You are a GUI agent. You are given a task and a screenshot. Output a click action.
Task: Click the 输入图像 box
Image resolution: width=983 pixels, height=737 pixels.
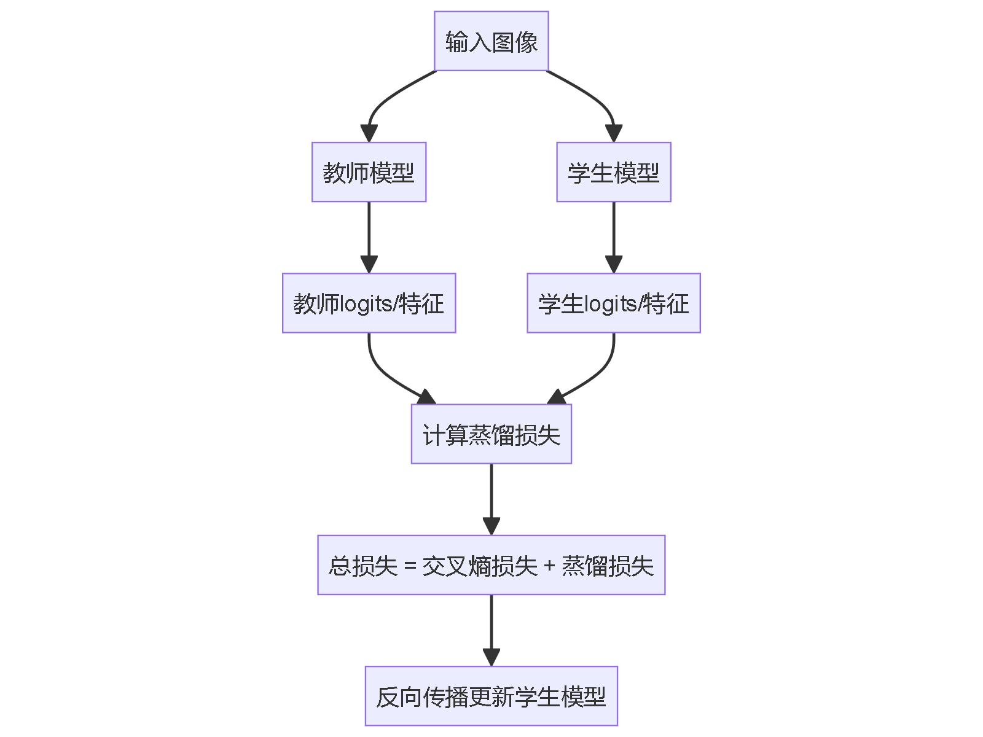491,41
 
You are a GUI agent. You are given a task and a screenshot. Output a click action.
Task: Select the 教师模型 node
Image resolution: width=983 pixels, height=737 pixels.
369,172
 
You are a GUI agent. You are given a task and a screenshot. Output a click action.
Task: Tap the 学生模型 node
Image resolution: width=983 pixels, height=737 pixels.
613,172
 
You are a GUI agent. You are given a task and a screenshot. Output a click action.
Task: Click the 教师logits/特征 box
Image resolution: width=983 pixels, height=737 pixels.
369,303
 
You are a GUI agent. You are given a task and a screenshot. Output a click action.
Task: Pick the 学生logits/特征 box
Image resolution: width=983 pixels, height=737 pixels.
613,303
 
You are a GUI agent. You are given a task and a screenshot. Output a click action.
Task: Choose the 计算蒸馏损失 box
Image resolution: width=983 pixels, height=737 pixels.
491,434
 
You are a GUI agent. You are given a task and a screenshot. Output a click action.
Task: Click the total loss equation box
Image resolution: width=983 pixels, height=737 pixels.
491,565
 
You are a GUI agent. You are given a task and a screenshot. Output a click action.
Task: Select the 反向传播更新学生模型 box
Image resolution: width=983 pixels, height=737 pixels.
491,696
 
